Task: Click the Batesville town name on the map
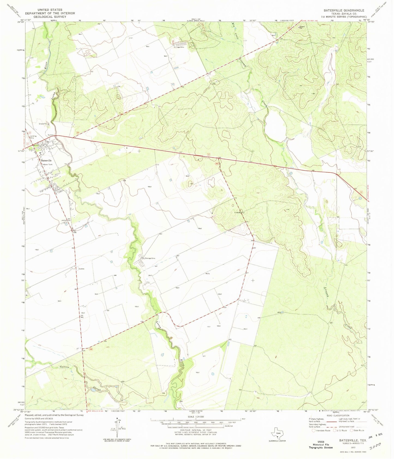click(x=46, y=161)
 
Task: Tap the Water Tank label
click(x=47, y=165)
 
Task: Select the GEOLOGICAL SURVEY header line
click(x=50, y=16)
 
